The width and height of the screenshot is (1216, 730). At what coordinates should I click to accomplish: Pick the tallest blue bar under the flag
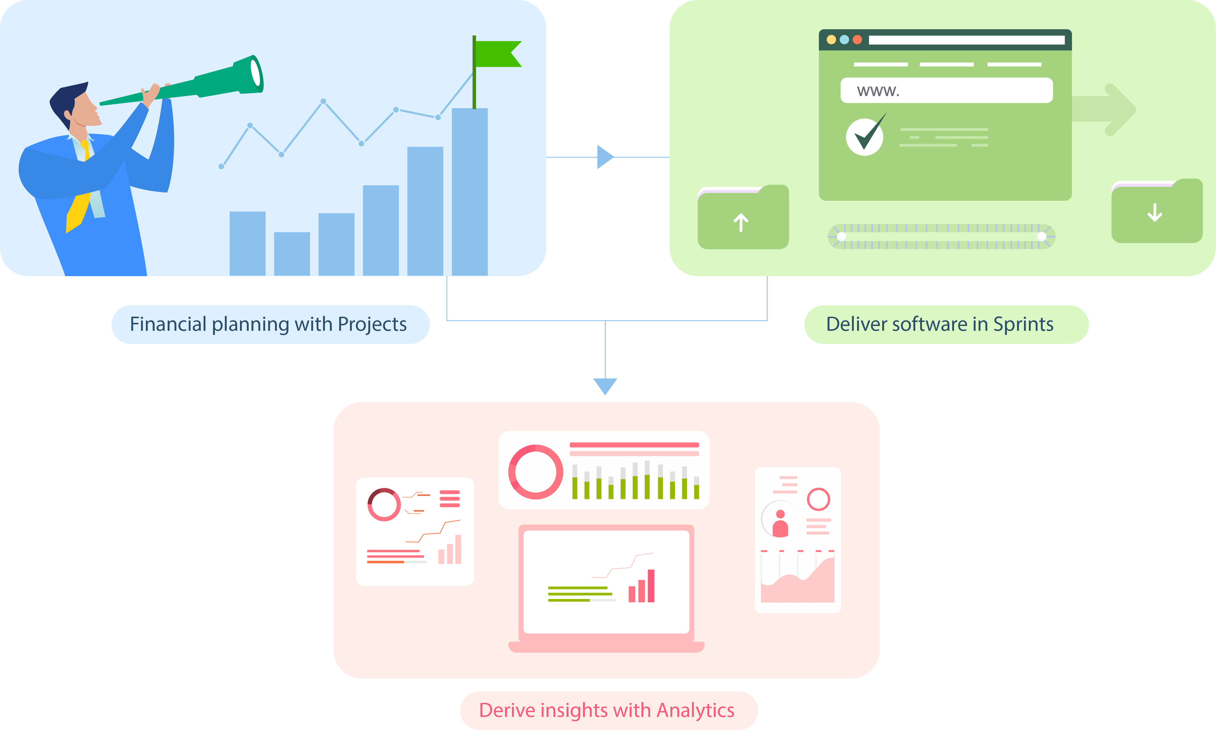(x=470, y=192)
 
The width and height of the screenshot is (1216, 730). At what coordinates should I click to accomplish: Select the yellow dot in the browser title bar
(x=831, y=39)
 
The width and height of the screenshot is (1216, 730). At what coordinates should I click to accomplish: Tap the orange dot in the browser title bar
(x=857, y=39)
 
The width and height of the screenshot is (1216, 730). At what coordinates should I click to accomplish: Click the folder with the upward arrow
(x=742, y=219)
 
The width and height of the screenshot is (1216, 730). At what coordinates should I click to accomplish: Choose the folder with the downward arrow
(x=1157, y=213)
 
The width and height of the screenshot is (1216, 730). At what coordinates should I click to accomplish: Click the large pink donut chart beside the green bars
(x=536, y=472)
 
